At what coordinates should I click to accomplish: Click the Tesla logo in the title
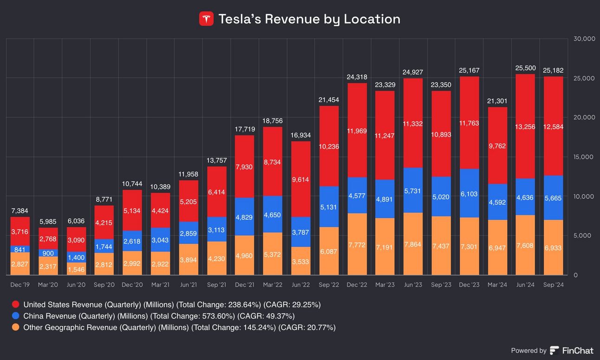coord(206,19)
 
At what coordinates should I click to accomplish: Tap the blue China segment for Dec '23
coord(469,186)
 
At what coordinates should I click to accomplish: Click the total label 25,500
coord(525,68)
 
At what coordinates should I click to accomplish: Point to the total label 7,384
coord(20,211)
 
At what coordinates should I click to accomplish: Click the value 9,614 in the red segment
coord(300,179)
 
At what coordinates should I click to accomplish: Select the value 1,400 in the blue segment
coord(76,257)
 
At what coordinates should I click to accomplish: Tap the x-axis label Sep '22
coord(328,285)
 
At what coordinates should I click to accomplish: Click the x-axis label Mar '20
coord(48,285)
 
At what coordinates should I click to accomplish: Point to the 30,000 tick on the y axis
coord(584,39)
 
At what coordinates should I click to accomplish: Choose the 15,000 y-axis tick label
coord(584,157)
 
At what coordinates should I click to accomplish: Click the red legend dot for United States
coord(16,305)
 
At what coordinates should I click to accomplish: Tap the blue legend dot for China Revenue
coord(16,316)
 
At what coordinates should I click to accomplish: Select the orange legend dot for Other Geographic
coord(16,327)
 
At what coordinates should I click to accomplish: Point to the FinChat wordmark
coord(578,351)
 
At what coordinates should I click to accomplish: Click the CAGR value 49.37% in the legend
coord(280,316)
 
